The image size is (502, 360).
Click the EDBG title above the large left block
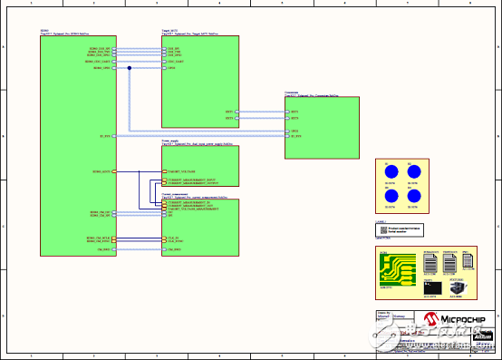(x=44, y=31)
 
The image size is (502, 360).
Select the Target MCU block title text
(x=168, y=31)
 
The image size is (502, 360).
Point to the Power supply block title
(x=169, y=141)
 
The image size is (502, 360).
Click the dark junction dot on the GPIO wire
(x=130, y=68)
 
